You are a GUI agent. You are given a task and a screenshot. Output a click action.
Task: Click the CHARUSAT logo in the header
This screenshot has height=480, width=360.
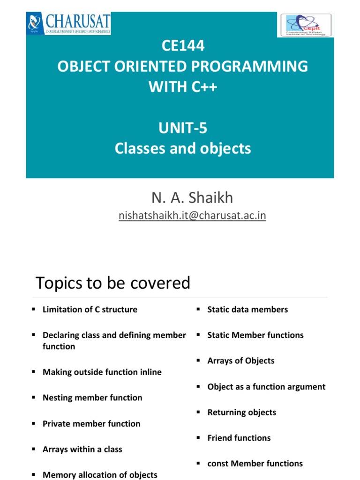coord(68,23)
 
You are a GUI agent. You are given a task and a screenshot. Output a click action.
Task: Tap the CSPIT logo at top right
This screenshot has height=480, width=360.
coord(306,25)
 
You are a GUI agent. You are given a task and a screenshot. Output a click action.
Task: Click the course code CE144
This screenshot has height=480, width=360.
coord(183,46)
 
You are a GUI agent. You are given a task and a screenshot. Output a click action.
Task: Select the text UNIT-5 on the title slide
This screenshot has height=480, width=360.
coord(183,128)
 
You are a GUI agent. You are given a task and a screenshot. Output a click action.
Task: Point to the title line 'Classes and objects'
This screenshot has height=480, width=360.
coord(183,149)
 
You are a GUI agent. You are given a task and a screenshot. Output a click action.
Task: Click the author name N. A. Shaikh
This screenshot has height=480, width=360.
coord(192,198)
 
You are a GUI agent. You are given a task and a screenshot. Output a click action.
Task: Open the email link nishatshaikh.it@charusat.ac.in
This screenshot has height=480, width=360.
coord(192,216)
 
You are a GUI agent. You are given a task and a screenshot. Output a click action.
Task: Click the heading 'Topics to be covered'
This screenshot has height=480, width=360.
coord(113,283)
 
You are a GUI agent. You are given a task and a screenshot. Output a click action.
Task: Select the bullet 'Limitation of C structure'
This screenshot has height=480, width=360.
coord(90,309)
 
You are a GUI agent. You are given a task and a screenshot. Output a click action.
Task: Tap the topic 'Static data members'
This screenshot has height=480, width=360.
coord(247,309)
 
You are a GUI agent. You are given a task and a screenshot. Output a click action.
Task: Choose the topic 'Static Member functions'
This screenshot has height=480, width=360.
coord(255,335)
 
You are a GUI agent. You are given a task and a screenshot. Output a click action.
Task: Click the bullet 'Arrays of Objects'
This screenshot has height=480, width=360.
coord(241,361)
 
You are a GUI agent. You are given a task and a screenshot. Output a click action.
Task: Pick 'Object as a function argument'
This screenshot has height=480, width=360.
coord(266,387)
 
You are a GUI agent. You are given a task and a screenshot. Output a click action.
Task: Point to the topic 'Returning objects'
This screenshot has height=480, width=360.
coord(242,412)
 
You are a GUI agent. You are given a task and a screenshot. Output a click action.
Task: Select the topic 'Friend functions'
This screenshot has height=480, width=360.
coord(239,438)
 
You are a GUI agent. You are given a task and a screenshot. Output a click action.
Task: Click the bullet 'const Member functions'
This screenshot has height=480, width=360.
coord(255,464)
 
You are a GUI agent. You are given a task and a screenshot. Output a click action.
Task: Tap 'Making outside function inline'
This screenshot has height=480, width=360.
coord(102,372)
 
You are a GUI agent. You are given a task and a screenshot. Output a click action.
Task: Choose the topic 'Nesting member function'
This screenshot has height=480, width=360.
coord(92,397)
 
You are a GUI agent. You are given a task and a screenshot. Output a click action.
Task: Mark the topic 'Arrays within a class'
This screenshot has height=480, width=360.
coord(82,449)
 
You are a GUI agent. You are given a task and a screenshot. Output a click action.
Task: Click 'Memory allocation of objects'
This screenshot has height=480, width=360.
coord(100,475)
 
